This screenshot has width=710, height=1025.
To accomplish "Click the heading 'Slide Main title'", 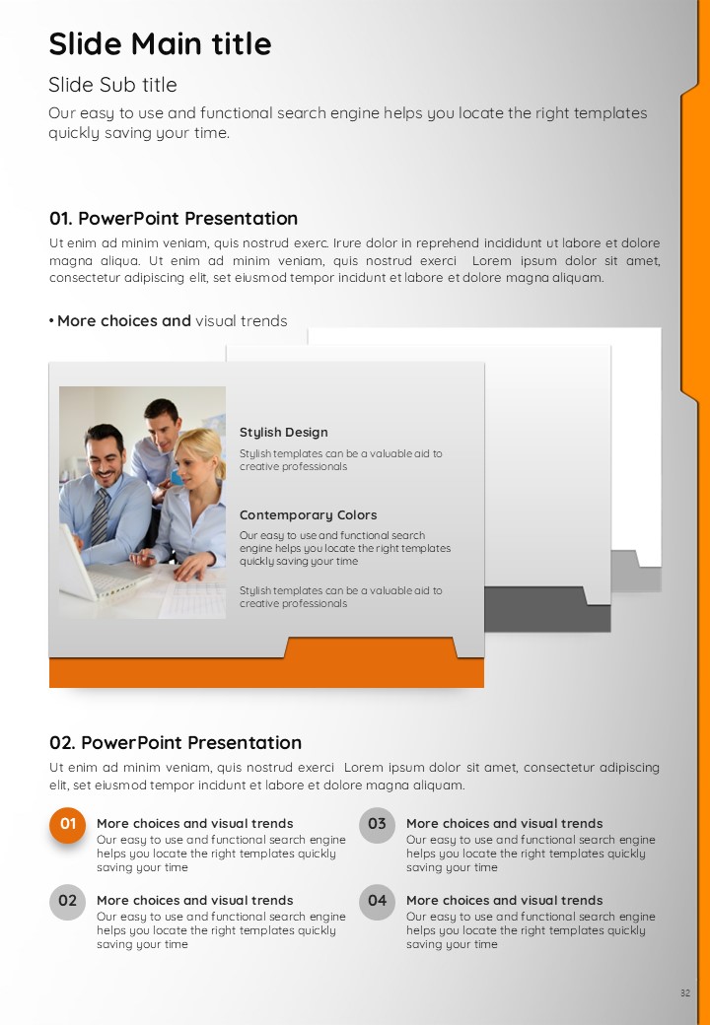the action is [x=160, y=43].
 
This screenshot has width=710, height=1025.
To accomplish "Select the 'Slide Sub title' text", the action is [x=112, y=85].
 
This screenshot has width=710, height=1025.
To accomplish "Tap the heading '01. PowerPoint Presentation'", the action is [x=174, y=219].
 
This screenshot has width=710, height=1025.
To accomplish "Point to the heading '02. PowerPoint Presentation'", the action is [x=176, y=742].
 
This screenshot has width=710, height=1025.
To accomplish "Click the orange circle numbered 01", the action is [x=67, y=824].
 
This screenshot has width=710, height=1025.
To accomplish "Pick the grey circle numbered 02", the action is [x=67, y=902].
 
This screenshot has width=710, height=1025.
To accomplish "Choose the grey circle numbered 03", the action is [x=378, y=824].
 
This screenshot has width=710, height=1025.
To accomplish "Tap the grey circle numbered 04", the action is [x=378, y=902].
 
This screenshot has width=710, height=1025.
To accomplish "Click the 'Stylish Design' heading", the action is [x=284, y=433].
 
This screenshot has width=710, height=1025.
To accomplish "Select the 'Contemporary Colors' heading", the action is [x=308, y=515].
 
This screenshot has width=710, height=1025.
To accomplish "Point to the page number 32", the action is [x=684, y=993].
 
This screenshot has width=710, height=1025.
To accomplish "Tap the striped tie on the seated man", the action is [x=100, y=516].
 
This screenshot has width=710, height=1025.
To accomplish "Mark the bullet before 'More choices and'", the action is [x=51, y=321].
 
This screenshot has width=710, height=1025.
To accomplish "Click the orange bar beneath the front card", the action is [x=266, y=671].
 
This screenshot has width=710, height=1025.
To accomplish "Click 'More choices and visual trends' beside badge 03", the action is [x=505, y=824].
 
